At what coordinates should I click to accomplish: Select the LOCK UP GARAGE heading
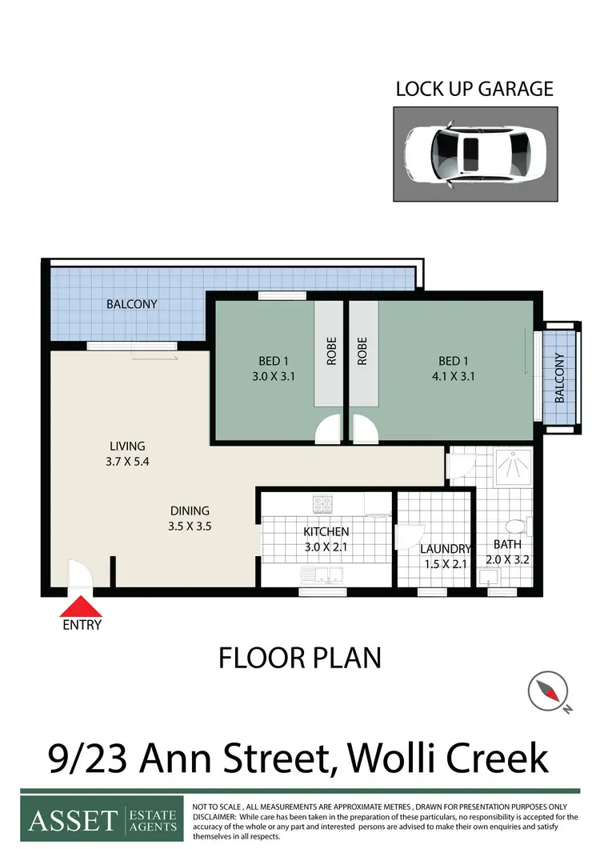(474, 89)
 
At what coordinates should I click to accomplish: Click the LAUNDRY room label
(446, 549)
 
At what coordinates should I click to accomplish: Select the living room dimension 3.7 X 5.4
(127, 462)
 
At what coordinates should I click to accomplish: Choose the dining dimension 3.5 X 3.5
(190, 527)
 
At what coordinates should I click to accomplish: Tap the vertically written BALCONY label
(559, 378)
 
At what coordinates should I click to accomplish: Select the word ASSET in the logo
(72, 820)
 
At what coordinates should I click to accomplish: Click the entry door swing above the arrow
(79, 575)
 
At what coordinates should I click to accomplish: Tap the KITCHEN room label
(326, 532)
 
